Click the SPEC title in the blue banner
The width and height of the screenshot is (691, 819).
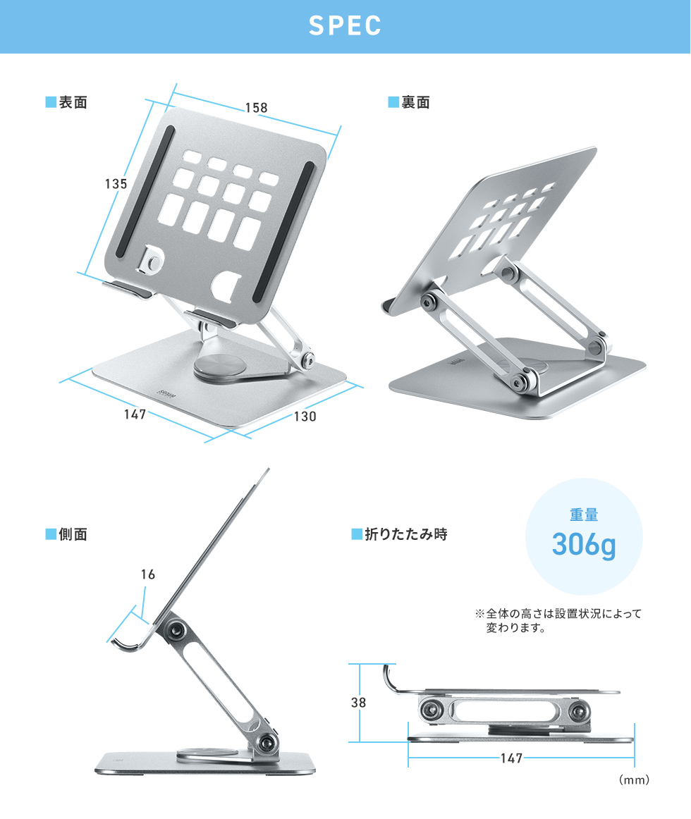[345, 25]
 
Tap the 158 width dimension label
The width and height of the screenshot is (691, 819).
[257, 108]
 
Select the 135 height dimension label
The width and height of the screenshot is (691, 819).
[116, 184]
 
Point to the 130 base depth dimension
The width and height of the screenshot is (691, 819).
[305, 417]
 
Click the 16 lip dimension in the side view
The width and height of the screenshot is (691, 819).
[148, 574]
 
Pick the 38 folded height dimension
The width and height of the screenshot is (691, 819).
[359, 703]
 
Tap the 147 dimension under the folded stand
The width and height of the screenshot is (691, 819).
[511, 758]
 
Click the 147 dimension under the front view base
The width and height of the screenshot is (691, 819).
[135, 414]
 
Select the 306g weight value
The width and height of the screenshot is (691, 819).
[584, 545]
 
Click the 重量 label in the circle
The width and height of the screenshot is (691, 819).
[584, 515]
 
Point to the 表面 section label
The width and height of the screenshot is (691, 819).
[66, 102]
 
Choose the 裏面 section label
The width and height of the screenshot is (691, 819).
[409, 102]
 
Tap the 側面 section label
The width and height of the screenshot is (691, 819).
[66, 534]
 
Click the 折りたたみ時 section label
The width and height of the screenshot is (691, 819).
[400, 534]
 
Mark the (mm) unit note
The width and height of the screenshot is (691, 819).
[634, 780]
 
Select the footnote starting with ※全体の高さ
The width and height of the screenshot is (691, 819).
[558, 620]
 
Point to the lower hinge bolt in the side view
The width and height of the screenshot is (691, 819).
[267, 741]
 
